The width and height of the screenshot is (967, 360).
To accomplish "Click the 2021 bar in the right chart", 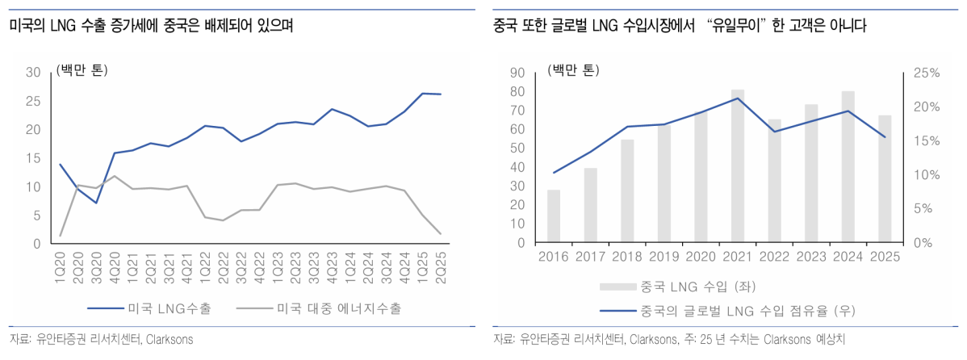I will pyautogui.click(x=738, y=165).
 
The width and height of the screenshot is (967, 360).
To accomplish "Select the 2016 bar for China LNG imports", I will pyautogui.click(x=554, y=216).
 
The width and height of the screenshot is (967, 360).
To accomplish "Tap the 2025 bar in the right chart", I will pyautogui.click(x=885, y=178).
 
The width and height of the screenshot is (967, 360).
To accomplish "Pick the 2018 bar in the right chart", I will pyautogui.click(x=627, y=190).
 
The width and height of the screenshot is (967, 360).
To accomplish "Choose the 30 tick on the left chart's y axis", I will pyautogui.click(x=34, y=73).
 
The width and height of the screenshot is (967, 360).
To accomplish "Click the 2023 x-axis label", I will pyautogui.click(x=811, y=256).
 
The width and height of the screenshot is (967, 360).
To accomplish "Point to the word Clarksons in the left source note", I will pyautogui.click(x=169, y=338).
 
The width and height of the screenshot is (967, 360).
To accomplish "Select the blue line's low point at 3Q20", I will pyautogui.click(x=96, y=203).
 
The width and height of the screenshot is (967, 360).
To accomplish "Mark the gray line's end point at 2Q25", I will pyautogui.click(x=440, y=234).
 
